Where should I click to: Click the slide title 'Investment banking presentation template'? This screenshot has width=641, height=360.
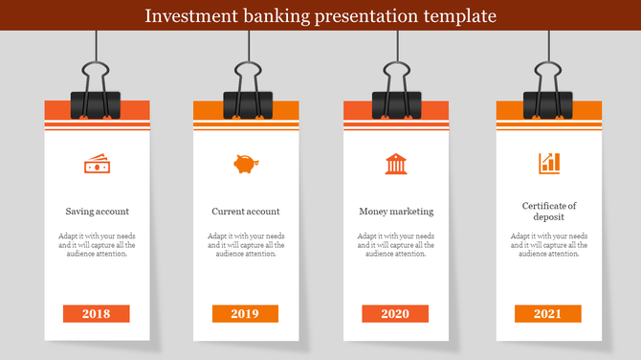click(x=320, y=16)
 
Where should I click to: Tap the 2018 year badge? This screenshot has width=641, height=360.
click(x=96, y=313)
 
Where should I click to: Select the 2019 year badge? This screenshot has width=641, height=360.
click(x=245, y=313)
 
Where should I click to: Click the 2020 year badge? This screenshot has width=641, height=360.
click(x=395, y=313)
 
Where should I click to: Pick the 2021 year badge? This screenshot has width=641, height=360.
click(x=547, y=313)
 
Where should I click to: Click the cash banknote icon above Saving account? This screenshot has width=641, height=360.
click(x=97, y=165)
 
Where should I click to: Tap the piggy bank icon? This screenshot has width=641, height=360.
click(x=245, y=164)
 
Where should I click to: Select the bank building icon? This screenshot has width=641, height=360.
click(x=395, y=164)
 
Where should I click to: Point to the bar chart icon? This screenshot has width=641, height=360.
click(x=548, y=164)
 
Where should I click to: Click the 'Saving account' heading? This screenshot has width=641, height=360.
click(x=98, y=212)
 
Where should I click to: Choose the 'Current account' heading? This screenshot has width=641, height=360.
click(x=246, y=212)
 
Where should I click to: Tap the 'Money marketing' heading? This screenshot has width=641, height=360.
click(x=396, y=212)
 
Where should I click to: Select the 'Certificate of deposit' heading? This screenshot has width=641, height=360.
click(x=549, y=212)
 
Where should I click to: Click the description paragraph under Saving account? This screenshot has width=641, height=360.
click(x=98, y=245)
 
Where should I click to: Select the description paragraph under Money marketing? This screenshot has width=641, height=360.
click(x=396, y=245)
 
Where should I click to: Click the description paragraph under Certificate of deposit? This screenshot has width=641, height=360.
click(x=549, y=245)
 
